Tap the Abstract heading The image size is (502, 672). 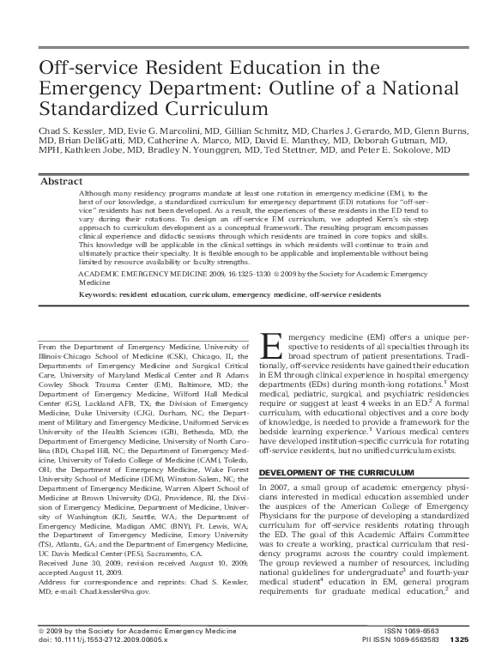click(63, 182)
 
